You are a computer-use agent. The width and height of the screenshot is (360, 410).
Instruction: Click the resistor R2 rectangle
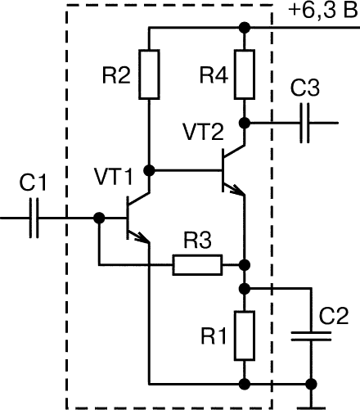pos(149,74)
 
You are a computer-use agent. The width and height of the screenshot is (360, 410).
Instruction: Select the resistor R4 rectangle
pos(245,74)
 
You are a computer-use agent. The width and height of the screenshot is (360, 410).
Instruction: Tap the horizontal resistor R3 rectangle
pos(197,265)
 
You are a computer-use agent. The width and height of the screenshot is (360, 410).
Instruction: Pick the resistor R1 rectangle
pos(245,336)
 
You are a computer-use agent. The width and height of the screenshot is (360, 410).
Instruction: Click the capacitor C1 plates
pos(34,218)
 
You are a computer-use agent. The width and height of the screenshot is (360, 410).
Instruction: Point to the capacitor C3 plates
pos(304,123)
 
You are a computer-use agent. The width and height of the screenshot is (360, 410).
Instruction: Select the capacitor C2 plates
pos(311,336)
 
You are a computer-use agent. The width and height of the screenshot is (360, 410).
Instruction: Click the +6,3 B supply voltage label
pos(323,11)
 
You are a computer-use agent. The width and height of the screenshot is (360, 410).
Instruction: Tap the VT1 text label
pos(114,177)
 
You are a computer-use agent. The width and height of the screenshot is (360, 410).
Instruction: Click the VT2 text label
pos(204,132)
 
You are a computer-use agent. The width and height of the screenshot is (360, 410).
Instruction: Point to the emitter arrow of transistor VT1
pos(139,237)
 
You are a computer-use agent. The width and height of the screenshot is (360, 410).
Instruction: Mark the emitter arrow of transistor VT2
pos(235,189)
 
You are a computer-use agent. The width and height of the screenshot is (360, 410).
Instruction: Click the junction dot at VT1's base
pos(99,218)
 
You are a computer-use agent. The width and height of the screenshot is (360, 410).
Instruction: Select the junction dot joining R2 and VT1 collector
pos(149,171)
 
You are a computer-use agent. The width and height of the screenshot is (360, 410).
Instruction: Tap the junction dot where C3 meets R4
pos(245,123)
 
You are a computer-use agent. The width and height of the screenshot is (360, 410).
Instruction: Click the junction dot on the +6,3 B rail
pos(245,28)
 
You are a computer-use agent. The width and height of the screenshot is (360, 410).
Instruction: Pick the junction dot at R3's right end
pos(245,264)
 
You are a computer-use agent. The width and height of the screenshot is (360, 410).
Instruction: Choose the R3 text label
pos(197,241)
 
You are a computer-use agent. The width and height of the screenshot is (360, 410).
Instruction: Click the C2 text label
pos(334,316)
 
